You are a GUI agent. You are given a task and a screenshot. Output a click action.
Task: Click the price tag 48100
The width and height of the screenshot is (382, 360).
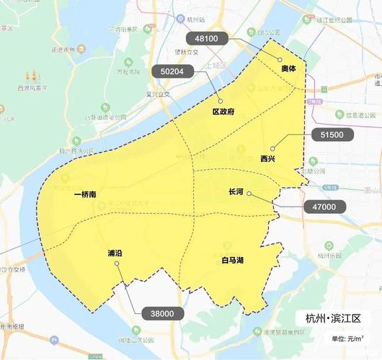207,37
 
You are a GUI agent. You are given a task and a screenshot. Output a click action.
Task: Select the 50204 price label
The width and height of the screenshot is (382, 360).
172,71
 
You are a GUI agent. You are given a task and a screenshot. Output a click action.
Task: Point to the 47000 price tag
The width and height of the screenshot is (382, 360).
324,207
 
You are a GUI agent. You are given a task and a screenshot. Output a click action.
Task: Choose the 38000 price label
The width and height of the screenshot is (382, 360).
162,313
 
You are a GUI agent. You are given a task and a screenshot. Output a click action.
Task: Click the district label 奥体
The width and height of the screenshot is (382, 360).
288,68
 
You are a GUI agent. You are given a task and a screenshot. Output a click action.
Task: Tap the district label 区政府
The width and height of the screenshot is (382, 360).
223,112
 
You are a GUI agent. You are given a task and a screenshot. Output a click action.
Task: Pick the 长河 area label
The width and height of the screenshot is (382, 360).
236,192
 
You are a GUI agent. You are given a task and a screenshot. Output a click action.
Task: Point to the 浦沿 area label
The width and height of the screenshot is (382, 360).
115,253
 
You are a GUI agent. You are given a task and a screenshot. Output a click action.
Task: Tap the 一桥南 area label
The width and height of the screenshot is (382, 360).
86,194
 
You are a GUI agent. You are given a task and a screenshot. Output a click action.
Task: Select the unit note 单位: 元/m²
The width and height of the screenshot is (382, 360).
347,338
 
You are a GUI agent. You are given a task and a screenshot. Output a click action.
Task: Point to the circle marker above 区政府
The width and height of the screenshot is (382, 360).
220,102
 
